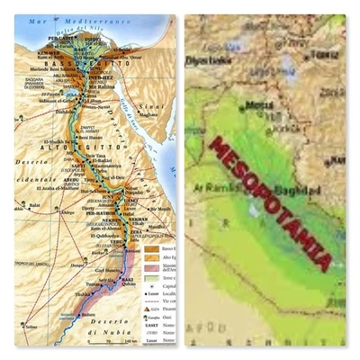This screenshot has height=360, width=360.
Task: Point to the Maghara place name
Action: pos(147,113)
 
